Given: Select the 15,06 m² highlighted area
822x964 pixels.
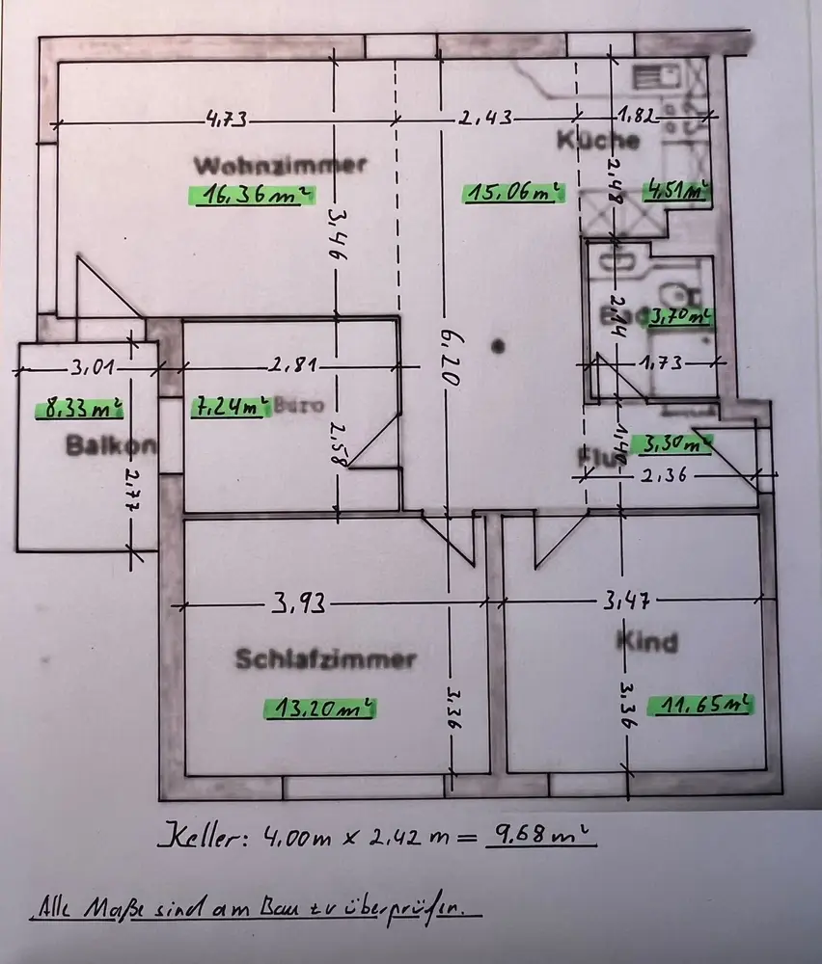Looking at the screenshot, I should (x=512, y=193).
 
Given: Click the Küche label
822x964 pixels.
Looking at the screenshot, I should (x=598, y=140).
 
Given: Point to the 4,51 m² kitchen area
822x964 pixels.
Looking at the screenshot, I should (x=677, y=190).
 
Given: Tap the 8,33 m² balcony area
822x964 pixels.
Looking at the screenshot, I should (x=80, y=409).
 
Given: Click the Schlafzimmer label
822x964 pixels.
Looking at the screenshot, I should (x=326, y=660).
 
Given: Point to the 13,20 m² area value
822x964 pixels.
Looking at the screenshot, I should (x=319, y=710).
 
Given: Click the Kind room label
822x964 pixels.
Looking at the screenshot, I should (x=647, y=641).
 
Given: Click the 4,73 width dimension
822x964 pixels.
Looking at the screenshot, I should (x=227, y=120).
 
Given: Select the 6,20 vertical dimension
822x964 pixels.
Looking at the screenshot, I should (x=447, y=355).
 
